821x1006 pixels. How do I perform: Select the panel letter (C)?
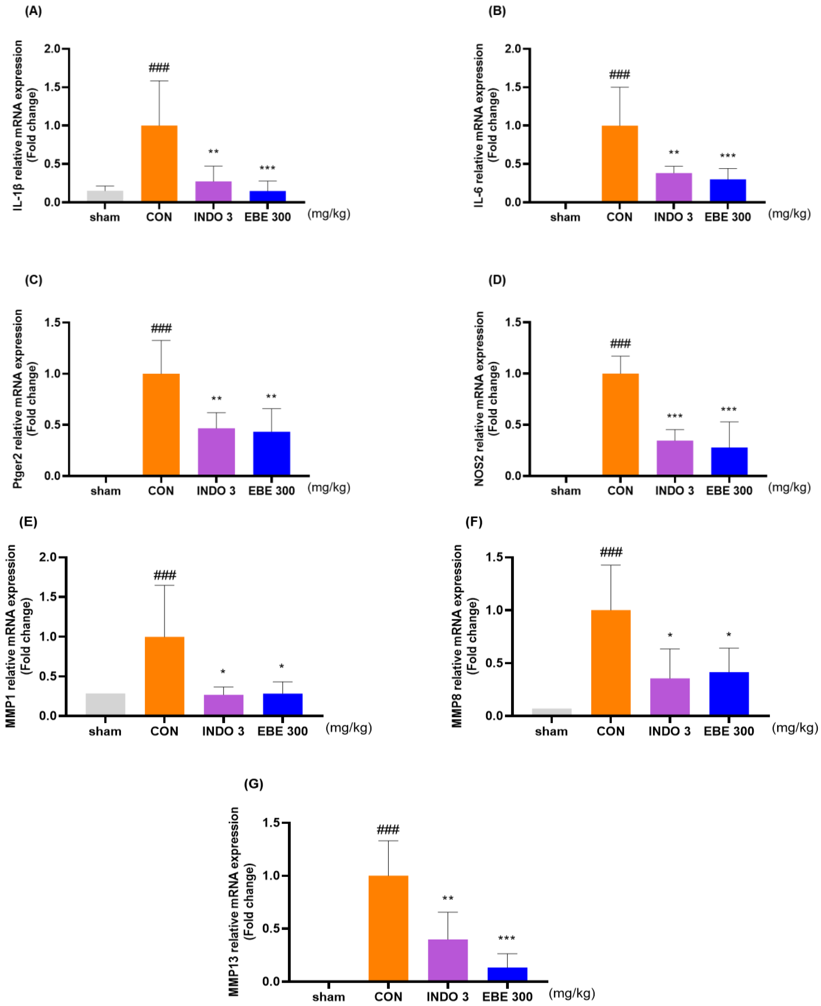click(x=33, y=280)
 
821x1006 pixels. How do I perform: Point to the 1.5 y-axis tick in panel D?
click(x=513, y=322)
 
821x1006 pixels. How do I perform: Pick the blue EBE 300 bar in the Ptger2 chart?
click(x=271, y=453)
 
